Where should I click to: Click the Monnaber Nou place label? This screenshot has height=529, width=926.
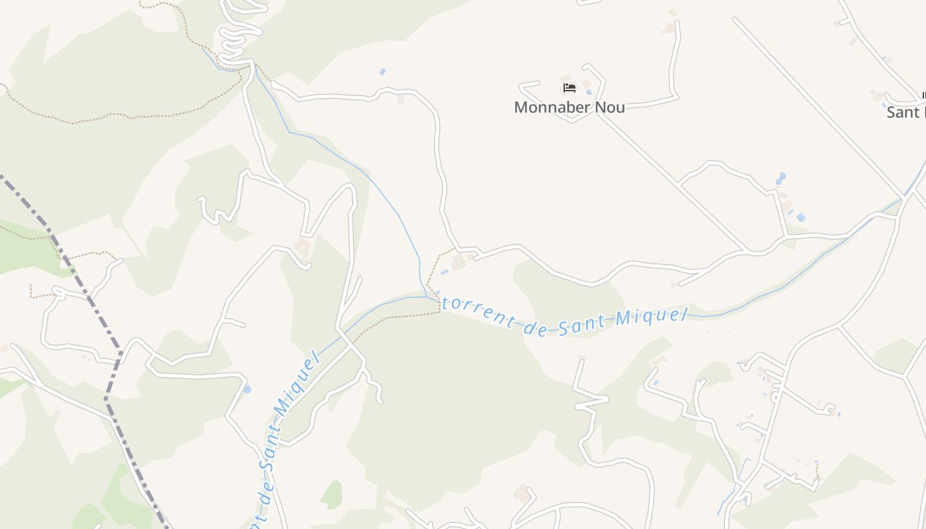(x=569, y=107)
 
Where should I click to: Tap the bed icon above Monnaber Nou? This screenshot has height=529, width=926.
(x=569, y=87)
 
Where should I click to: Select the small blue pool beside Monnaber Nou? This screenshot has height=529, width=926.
(x=588, y=93)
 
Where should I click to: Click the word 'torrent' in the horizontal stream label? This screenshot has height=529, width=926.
(x=477, y=311)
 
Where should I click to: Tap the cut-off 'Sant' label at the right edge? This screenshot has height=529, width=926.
(x=905, y=112)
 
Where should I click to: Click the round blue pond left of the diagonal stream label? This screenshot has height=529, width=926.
(x=247, y=389)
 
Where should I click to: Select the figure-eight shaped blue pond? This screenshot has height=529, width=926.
(x=781, y=179)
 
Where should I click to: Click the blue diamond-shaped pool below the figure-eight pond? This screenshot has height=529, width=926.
(x=801, y=217)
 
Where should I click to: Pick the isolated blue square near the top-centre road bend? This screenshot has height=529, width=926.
(x=382, y=71)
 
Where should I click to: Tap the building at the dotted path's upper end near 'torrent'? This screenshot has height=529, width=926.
(x=457, y=263)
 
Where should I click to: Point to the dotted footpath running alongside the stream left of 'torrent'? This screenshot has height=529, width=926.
(x=397, y=318)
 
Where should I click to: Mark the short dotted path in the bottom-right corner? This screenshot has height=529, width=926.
(x=818, y=471)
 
